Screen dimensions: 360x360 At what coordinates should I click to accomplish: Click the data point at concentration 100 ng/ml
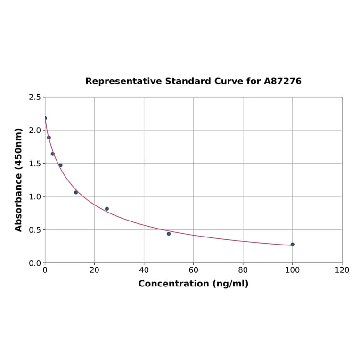coord(293,245)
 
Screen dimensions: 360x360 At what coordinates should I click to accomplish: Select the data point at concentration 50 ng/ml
coord(169,234)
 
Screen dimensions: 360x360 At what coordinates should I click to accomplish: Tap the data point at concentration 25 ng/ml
coord(107,209)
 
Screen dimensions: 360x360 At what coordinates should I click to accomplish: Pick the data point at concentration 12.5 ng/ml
coord(76,192)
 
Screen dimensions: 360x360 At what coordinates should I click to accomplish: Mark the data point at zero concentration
coord(45,118)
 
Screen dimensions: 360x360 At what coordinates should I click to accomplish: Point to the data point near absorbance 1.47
coord(60,165)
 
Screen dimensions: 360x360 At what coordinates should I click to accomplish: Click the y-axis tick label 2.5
coord(34,97)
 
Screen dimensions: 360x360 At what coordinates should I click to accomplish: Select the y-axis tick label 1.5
coord(34,164)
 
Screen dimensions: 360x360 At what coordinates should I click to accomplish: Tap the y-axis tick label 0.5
coord(34,230)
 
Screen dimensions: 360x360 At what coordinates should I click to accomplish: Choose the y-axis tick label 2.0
coord(34,130)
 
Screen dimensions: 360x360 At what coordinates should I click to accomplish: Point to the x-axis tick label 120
coord(342,270)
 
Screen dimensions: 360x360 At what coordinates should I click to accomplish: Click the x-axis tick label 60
coord(193,270)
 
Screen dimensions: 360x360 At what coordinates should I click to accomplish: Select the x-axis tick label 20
coord(94,270)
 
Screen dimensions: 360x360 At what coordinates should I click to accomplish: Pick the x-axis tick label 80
coord(243,270)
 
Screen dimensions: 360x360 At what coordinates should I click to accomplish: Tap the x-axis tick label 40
coord(144,270)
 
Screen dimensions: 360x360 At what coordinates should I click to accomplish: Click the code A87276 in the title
coord(282,82)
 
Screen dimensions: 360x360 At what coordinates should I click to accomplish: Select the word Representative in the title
coord(123,82)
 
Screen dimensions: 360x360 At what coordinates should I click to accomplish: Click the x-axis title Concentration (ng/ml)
coord(193,284)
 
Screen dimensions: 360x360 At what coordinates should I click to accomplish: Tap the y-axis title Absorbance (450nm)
coord(19,180)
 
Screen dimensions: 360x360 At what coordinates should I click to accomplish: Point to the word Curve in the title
coord(229,82)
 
